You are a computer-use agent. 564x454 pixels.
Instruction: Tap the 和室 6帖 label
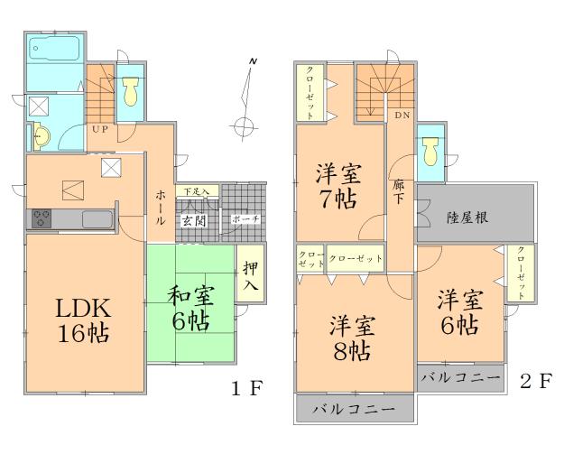click(190, 307)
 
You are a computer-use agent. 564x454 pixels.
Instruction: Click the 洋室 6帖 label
click(458, 312)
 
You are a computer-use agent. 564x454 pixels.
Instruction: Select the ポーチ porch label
click(245, 220)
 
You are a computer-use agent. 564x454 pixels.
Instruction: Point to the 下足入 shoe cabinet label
click(196, 191)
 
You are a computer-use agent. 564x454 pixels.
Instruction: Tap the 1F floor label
click(245, 390)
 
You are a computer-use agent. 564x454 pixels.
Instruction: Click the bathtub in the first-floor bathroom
click(52, 48)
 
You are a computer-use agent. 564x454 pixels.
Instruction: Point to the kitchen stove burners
click(43, 218)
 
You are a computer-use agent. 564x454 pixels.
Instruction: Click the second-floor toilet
click(430, 149)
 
